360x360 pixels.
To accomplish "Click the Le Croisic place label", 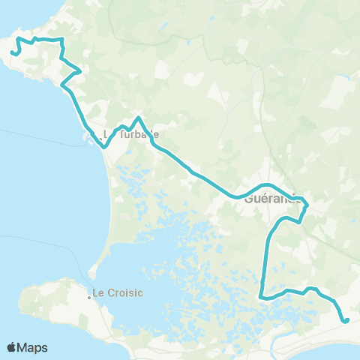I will tap(117, 292).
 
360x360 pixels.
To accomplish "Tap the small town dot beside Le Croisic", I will tap(89, 297).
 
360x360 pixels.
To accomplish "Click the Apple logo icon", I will tap(11, 347).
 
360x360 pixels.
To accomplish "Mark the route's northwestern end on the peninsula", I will tap(13, 52).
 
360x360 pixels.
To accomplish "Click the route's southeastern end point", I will tap(346, 321).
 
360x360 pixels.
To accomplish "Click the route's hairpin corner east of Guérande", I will tap(307, 202).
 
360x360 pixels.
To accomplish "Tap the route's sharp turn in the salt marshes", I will tap(262, 297).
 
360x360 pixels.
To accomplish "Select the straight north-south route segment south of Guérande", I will tap(266, 262).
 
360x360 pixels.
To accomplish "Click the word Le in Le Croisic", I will tap(98, 292).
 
